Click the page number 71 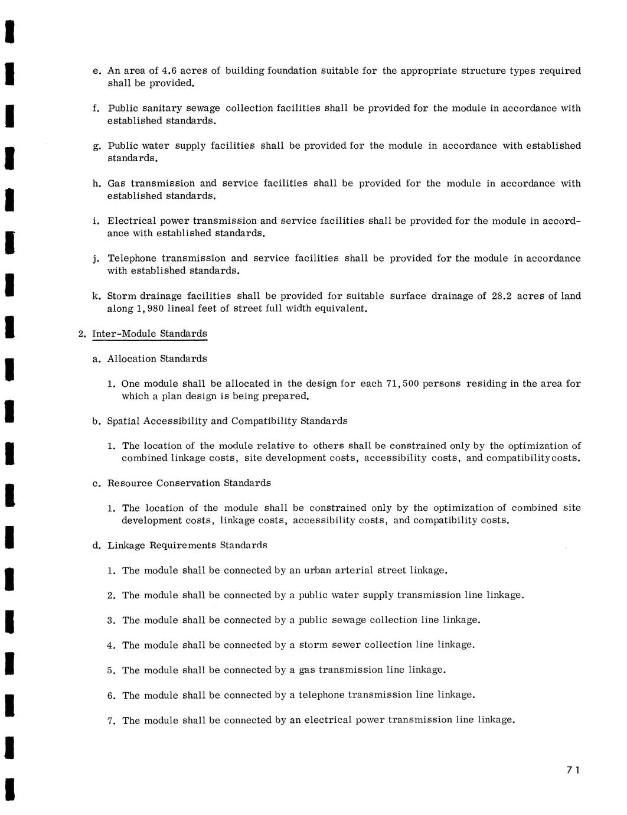pos(573,770)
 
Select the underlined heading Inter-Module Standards pos(150,334)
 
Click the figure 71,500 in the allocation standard pos(402,384)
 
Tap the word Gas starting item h pos(116,183)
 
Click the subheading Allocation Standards pos(157,358)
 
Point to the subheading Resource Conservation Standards pos(189,483)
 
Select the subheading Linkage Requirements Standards pos(187,545)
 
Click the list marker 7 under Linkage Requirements pos(110,721)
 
